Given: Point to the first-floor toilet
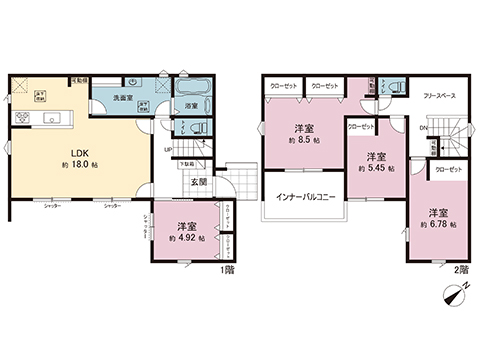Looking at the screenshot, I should tap(197, 127).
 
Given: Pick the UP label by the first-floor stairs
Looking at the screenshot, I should tap(167, 150).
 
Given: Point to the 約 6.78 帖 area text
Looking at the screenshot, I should tap(436, 225).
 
